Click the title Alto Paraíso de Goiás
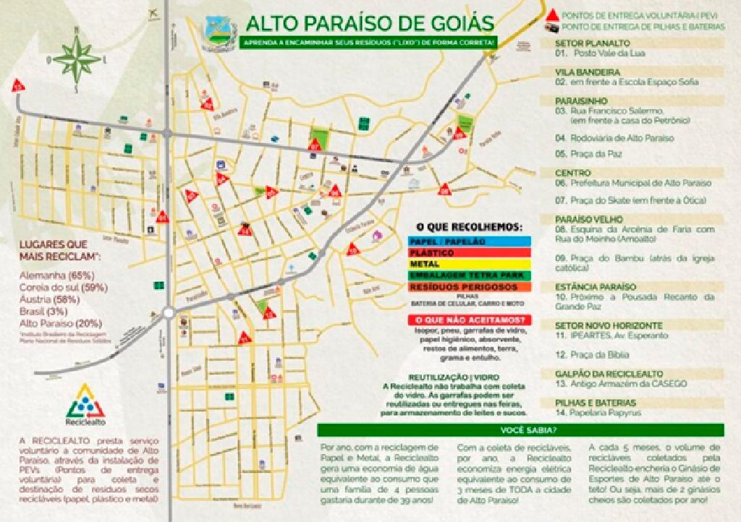(369, 23)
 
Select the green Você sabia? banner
(520, 430)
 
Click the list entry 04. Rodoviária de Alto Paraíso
(614, 137)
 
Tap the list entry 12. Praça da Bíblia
(592, 355)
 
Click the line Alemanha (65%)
(56, 276)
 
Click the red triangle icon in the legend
(552, 15)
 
